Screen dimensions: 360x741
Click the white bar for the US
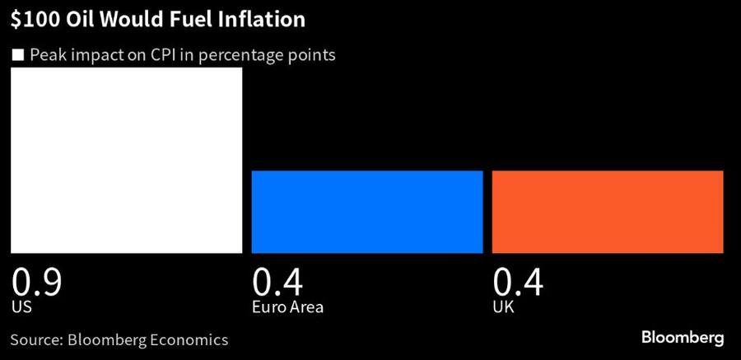(x=126, y=160)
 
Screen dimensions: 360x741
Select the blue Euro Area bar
(x=366, y=212)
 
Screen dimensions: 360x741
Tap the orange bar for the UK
(x=608, y=212)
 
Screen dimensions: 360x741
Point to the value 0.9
(x=37, y=283)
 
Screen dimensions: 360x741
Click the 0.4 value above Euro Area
(x=277, y=283)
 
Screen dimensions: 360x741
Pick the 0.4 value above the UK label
(x=518, y=283)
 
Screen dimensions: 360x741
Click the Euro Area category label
(x=287, y=307)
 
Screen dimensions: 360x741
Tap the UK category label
(x=502, y=307)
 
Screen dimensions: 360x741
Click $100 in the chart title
(x=32, y=20)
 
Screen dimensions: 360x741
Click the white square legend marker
(x=17, y=56)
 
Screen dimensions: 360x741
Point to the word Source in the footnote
(x=35, y=339)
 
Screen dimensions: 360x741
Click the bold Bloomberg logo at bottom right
(x=683, y=339)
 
